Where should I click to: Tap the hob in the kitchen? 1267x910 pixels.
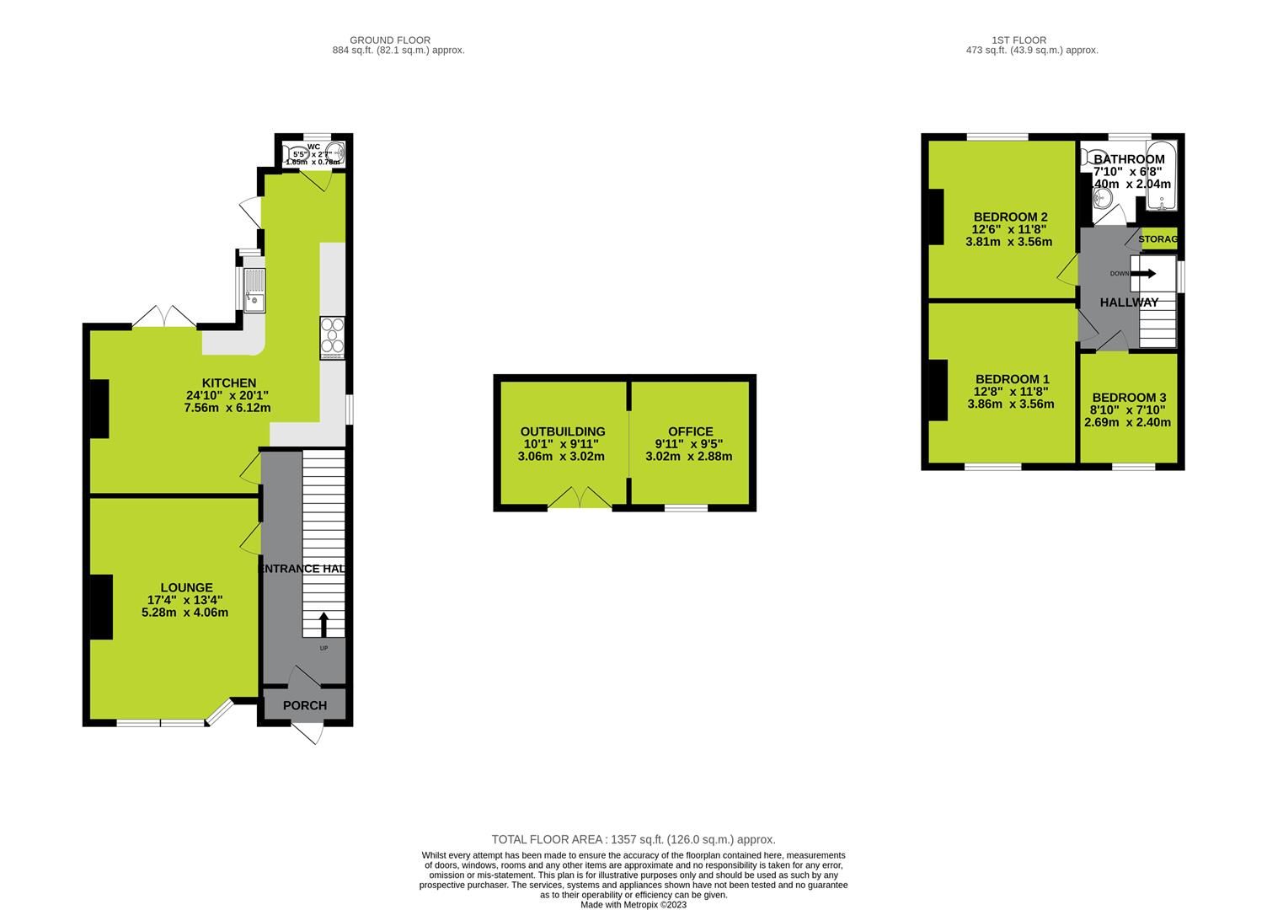click(332, 337)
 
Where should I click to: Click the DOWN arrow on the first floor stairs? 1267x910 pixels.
click(1145, 273)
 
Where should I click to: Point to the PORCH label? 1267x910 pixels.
click(304, 705)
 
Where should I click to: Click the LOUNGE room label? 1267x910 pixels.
click(187, 587)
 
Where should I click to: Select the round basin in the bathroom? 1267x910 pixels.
click(1103, 199)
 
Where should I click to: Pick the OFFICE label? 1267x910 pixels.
click(690, 431)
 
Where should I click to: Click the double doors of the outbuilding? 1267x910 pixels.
click(580, 498)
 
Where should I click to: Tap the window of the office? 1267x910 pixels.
click(686, 507)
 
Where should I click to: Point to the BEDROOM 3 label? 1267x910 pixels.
click(1129, 398)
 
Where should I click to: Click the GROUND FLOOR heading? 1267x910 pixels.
click(390, 40)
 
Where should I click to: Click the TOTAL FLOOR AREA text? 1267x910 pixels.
click(633, 839)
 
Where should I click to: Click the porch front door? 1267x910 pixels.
click(309, 734)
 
